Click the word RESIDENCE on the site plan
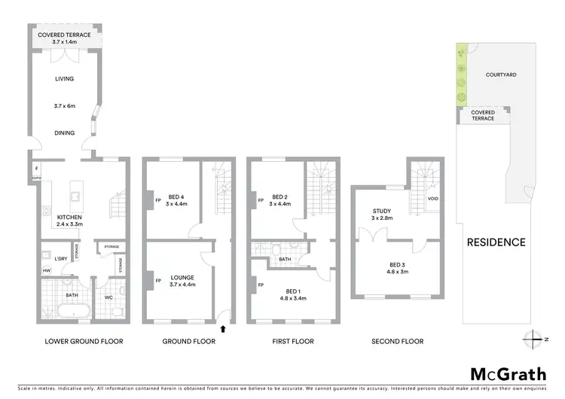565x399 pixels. (496, 242)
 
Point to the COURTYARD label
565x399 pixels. (501, 75)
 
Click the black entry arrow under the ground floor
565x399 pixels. (222, 327)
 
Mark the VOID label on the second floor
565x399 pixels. (432, 199)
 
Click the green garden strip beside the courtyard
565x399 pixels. (460, 75)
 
